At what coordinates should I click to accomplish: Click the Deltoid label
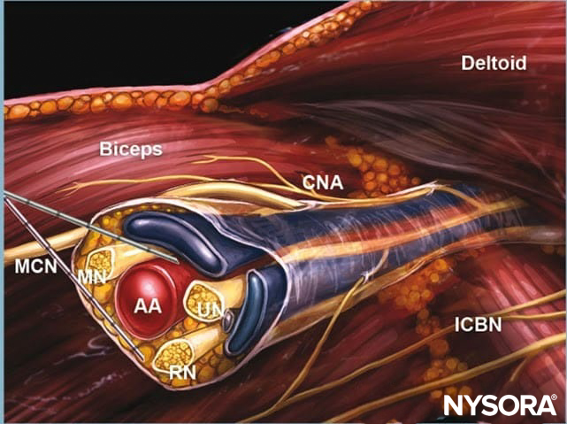tap(494, 63)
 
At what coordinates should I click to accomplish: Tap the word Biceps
tap(130, 150)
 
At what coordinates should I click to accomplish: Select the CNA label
tap(323, 183)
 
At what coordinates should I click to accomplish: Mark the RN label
tap(181, 373)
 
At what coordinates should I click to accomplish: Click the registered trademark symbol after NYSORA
tap(554, 399)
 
